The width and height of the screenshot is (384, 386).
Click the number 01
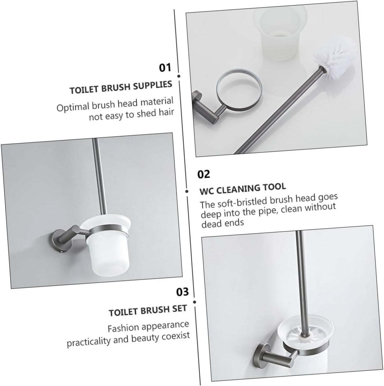[x=166, y=67]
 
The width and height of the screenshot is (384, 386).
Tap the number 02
[x=204, y=174]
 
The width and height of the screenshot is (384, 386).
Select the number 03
[x=183, y=292]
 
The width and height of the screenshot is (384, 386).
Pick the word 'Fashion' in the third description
[x=123, y=328]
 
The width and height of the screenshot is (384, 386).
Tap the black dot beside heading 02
[x=187, y=191]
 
